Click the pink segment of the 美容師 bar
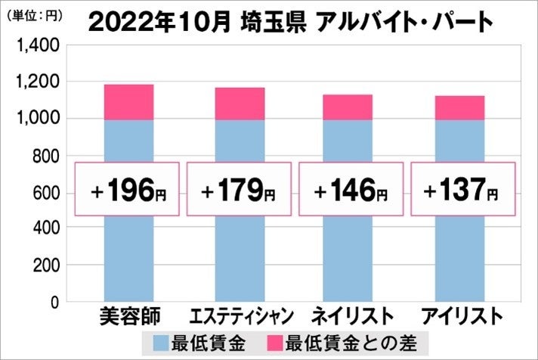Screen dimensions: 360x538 click(x=128, y=102)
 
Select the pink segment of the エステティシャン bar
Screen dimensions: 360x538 click(x=240, y=104)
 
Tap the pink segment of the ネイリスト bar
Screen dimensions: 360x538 click(x=348, y=107)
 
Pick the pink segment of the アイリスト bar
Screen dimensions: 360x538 click(x=459, y=108)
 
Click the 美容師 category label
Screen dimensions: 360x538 click(x=128, y=315)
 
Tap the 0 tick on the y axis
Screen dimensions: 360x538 click(x=55, y=303)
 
